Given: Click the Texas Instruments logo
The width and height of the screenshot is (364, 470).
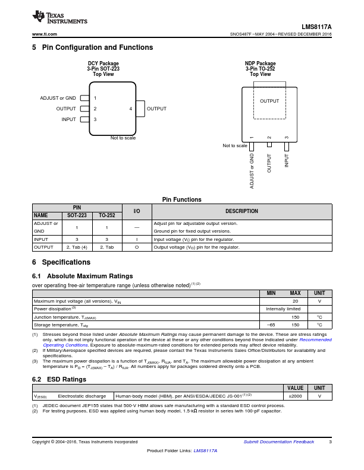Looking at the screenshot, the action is point(59,17).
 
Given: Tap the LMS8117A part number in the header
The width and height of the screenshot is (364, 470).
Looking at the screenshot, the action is point(316,27).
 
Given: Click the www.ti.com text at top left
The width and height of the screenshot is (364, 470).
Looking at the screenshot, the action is point(45,34).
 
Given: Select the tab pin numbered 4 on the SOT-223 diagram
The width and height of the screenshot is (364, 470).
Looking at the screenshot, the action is point(140,109).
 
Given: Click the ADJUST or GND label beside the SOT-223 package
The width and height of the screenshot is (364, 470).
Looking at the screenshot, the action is point(58,98).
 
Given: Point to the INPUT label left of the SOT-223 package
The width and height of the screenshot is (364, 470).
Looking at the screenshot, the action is point(69,119).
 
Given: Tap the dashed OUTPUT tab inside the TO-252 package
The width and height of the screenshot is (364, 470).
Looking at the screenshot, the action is point(269,100).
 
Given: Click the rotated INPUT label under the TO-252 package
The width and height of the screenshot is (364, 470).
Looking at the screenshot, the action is point(287,160).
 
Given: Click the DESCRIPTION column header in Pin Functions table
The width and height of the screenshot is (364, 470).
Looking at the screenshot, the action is point(241,211).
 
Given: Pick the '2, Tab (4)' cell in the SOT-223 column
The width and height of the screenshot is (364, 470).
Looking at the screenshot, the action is point(77,247).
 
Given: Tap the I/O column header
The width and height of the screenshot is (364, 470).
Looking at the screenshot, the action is point(137,211).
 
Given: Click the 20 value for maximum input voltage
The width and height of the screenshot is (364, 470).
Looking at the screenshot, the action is point(295,301).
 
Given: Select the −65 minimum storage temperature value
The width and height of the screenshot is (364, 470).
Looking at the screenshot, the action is point(271,325).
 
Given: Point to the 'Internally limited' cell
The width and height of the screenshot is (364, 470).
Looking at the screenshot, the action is point(283,309).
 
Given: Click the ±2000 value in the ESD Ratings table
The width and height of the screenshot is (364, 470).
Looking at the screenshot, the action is point(295,396).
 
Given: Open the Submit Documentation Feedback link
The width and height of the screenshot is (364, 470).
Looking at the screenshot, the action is point(279,442).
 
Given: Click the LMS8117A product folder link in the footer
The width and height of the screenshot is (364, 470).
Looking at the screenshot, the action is point(205,450).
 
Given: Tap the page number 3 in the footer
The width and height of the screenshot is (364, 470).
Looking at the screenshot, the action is point(330,442).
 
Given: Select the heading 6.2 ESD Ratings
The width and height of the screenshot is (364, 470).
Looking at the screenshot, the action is point(59,379).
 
